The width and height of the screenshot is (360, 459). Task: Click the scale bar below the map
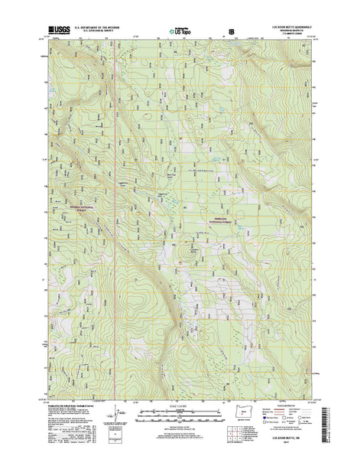pos(180,419)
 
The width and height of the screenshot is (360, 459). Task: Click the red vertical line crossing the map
pos(114,229)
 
